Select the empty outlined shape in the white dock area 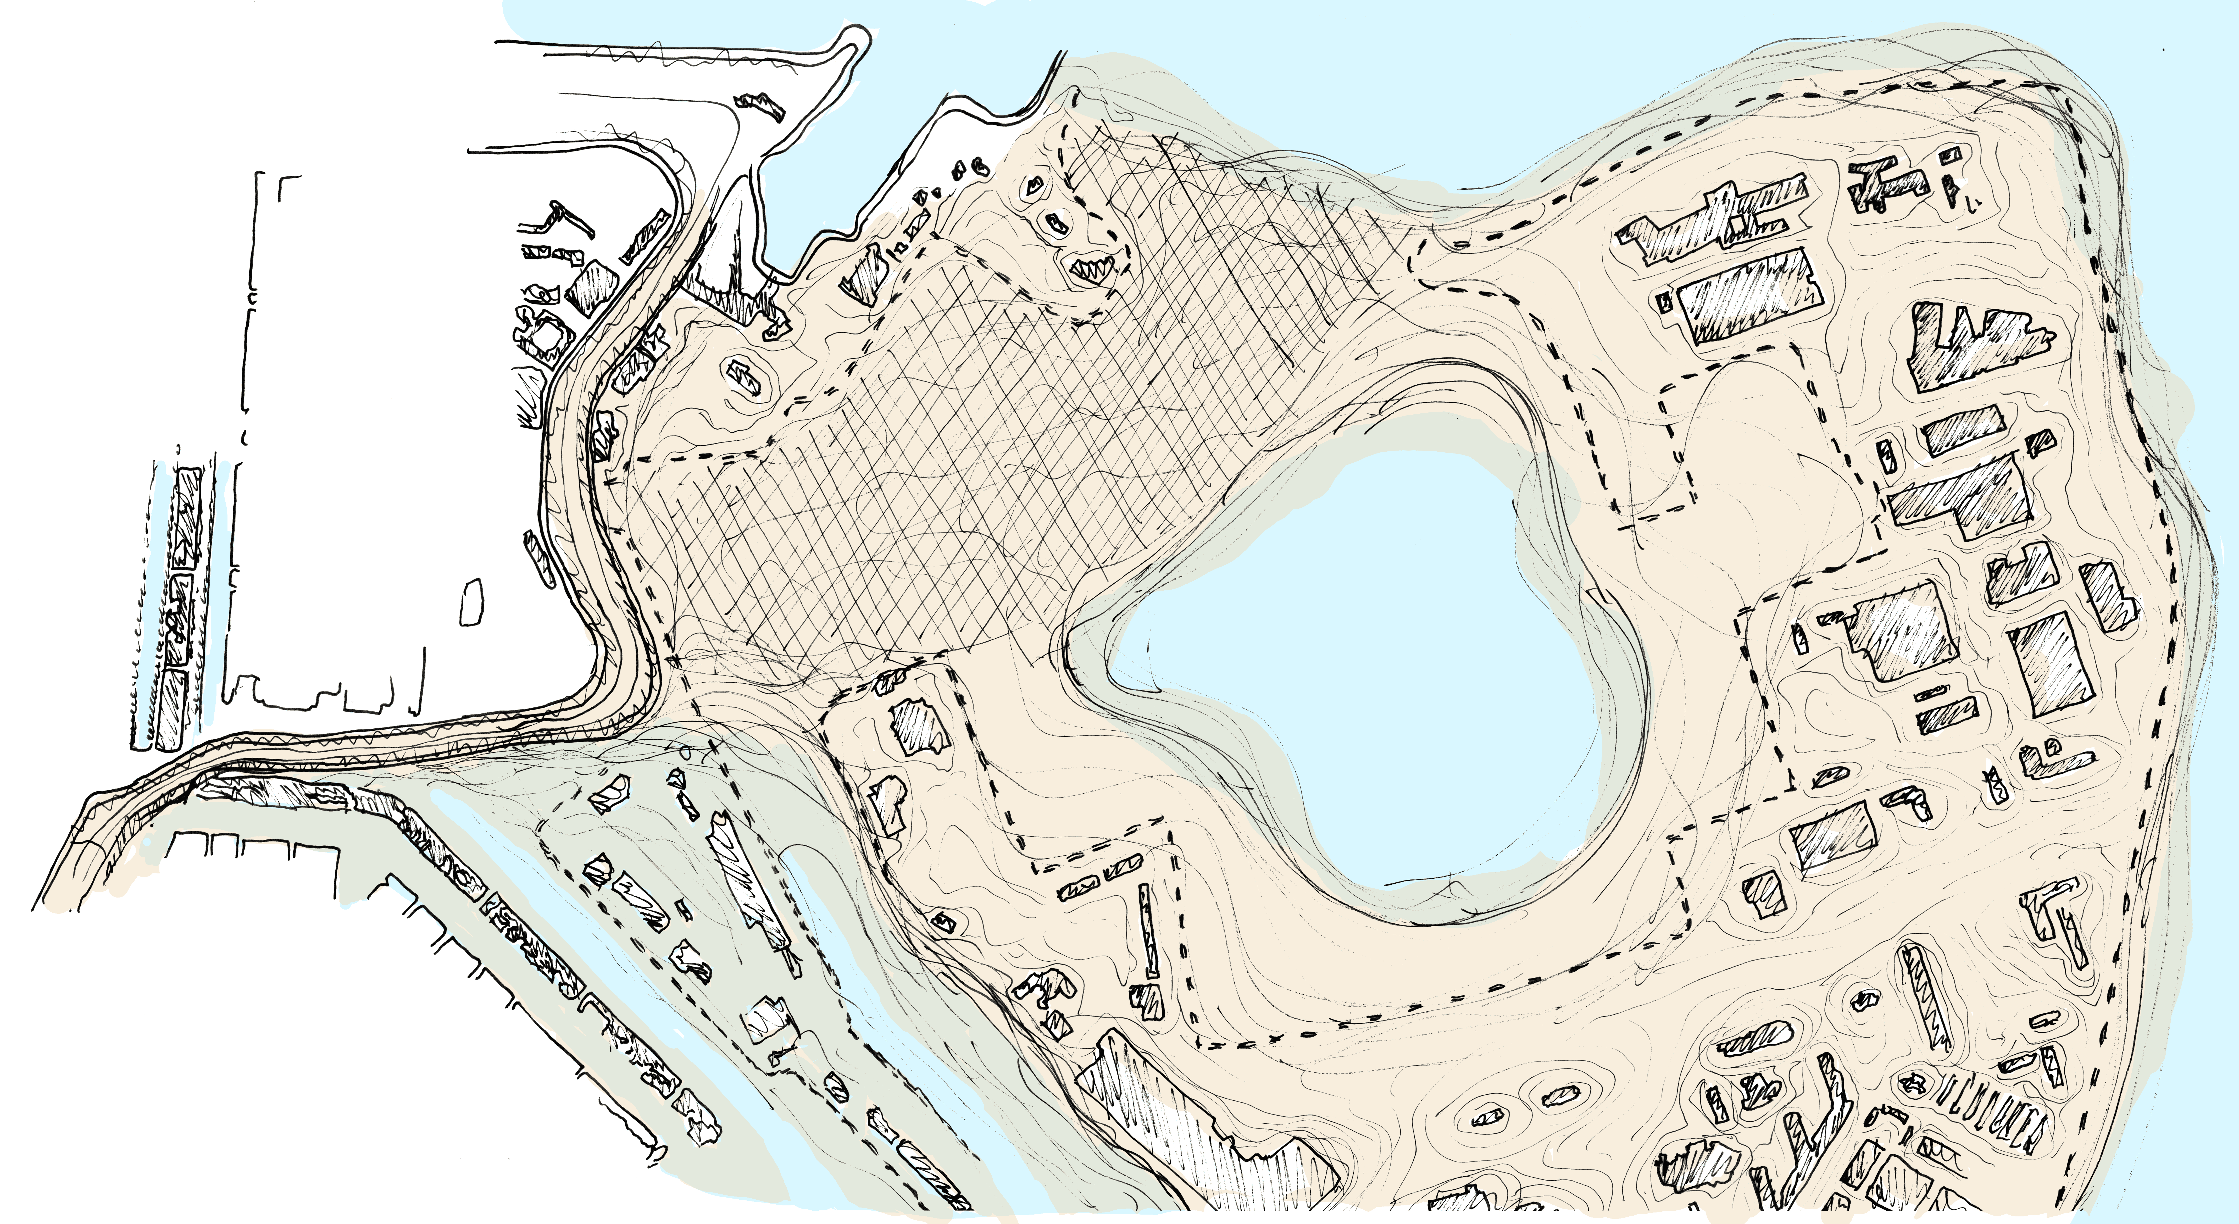[472, 602]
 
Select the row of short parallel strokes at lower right [1990, 1121]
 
